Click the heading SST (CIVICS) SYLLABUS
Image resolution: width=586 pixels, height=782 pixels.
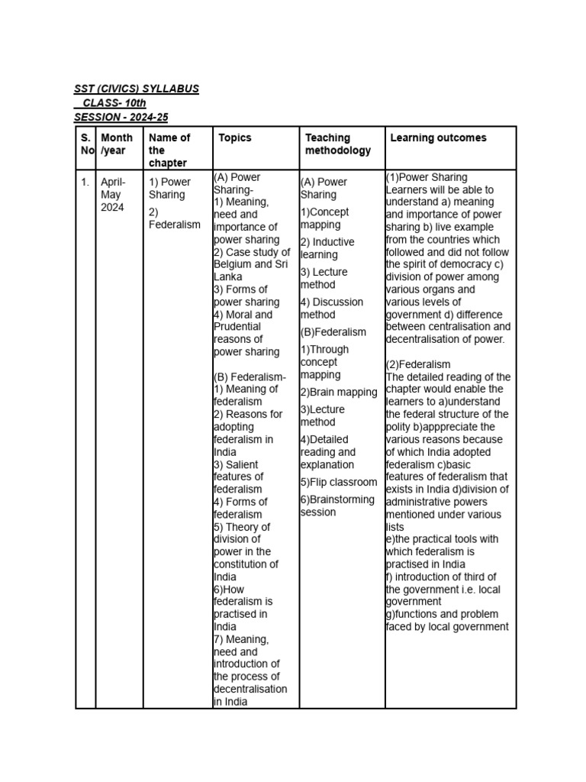click(137, 89)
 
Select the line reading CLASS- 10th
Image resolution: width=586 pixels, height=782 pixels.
click(114, 103)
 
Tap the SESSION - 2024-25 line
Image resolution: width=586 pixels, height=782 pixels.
click(121, 117)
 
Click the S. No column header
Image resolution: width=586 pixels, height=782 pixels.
click(85, 144)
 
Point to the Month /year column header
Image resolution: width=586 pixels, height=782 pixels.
click(117, 144)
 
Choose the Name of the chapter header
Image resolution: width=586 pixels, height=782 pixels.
click(169, 150)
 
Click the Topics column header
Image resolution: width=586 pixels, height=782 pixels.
click(234, 138)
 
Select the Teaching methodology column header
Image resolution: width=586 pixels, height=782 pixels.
click(338, 144)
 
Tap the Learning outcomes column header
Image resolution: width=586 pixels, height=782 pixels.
click(438, 138)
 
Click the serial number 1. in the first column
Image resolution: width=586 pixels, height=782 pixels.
click(85, 182)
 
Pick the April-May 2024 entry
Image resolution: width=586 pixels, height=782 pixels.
click(114, 195)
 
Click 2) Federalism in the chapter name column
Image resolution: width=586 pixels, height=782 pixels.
click(175, 218)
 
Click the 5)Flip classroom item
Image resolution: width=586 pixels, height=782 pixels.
click(338, 483)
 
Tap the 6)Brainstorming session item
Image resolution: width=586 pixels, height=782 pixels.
click(337, 506)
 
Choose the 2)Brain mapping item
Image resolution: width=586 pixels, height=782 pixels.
click(338, 393)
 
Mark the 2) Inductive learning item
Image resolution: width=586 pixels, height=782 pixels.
click(327, 248)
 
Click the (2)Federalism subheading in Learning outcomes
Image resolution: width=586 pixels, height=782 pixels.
click(418, 364)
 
